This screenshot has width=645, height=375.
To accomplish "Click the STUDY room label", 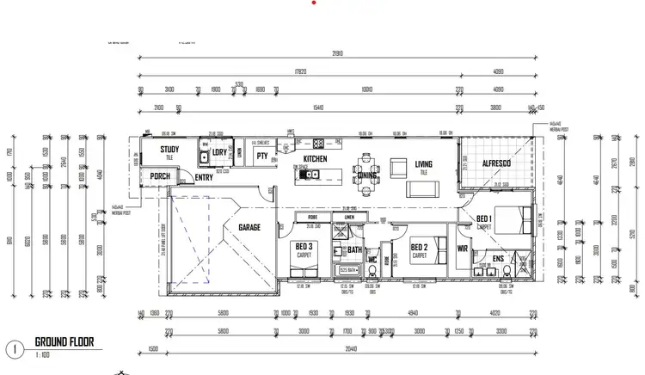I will (169, 149).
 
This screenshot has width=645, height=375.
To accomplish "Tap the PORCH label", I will (160, 175).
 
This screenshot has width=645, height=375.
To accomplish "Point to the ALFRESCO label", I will (497, 163).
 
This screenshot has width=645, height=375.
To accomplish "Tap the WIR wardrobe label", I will (463, 249).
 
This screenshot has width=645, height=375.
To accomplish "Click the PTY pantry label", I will (262, 156).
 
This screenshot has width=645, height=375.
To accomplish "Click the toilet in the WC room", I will (371, 271).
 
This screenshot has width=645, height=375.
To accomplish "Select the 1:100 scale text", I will (41, 354).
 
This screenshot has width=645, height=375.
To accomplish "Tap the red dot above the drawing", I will (316, 3).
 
